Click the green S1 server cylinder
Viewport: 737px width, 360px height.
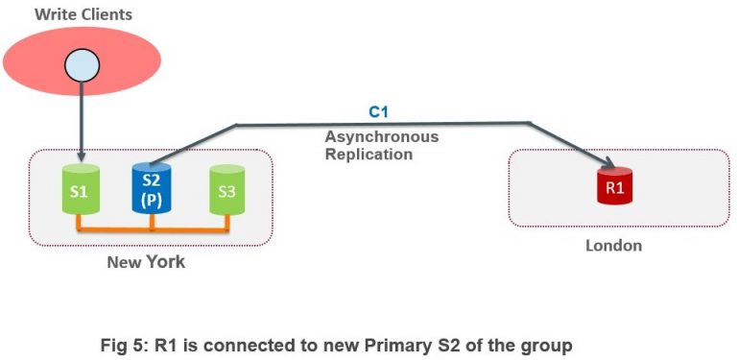pyautogui.click(x=79, y=191)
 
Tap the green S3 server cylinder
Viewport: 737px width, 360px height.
pyautogui.click(x=226, y=191)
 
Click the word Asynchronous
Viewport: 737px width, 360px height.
pyautogui.click(x=381, y=136)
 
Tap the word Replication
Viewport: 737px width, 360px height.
pyautogui.click(x=368, y=154)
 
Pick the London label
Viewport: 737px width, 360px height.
pyautogui.click(x=613, y=246)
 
